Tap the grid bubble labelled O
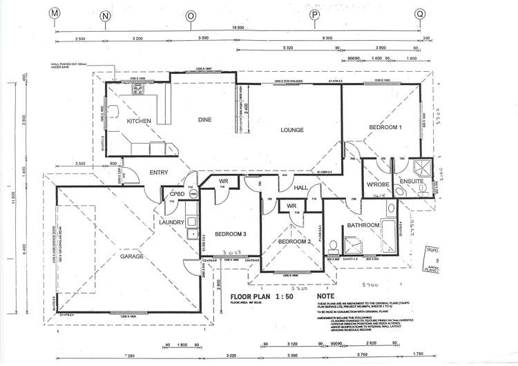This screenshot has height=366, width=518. [191, 15]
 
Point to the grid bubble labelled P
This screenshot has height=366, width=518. [314, 14]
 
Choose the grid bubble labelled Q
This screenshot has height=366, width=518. [419, 13]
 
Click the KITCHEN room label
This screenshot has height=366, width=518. [139, 122]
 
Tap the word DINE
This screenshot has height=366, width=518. [204, 120]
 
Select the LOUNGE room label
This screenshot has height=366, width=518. [293, 129]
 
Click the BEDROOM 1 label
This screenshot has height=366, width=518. [385, 128]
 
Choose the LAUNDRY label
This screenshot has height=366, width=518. [170, 222]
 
